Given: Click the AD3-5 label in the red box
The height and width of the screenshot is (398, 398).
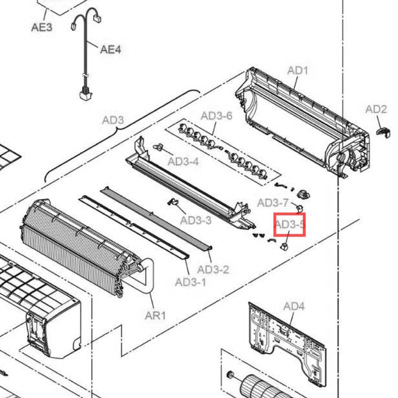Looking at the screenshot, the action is pyautogui.click(x=290, y=224).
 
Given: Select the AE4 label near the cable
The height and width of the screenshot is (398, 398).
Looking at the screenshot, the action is pyautogui.click(x=111, y=49).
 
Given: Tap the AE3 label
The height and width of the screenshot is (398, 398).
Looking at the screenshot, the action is pyautogui.click(x=42, y=27).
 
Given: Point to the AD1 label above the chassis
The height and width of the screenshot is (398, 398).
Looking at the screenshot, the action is pyautogui.click(x=298, y=70).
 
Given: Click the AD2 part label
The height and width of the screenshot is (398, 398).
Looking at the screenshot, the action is pyautogui.click(x=376, y=109).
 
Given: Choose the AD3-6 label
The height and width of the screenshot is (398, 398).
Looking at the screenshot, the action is pyautogui.click(x=217, y=116).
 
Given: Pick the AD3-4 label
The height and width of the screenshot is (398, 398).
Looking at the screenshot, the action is pyautogui.click(x=183, y=161).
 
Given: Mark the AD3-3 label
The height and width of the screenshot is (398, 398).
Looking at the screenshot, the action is pyautogui.click(x=196, y=220).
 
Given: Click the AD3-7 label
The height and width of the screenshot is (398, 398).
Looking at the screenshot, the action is pyautogui.click(x=273, y=203).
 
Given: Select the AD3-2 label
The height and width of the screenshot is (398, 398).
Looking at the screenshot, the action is pyautogui.click(x=213, y=270).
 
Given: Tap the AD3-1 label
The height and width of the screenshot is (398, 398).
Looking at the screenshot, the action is pyautogui.click(x=191, y=282).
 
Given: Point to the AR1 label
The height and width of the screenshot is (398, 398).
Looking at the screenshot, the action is pyautogui.click(x=155, y=316).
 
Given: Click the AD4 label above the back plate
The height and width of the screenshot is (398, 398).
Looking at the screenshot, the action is pyautogui.click(x=294, y=306).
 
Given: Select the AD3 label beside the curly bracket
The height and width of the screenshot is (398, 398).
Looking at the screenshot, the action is pyautogui.click(x=113, y=120).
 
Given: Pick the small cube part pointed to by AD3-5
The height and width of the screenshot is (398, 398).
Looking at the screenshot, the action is pyautogui.click(x=284, y=246).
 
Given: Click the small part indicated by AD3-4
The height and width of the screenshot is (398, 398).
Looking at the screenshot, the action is pyautogui.click(x=158, y=147).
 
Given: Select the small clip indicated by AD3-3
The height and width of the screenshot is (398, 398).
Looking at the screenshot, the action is pyautogui.click(x=173, y=202).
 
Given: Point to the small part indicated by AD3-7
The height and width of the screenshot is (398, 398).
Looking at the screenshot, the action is pyautogui.click(x=300, y=209).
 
